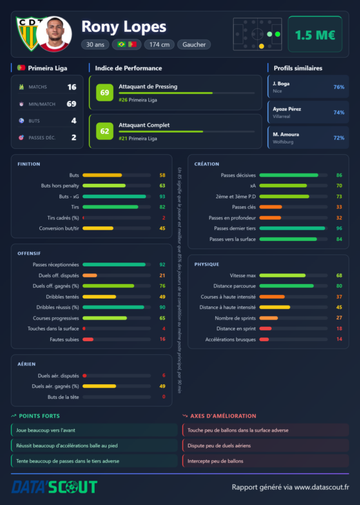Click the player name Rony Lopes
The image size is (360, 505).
click(x=124, y=27)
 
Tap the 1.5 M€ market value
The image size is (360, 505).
click(x=315, y=35)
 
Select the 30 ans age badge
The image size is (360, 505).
click(x=95, y=44)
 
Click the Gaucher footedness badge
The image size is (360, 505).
click(x=194, y=44)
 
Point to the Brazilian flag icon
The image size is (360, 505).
click(x=121, y=44)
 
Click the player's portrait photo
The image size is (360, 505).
click(x=54, y=34)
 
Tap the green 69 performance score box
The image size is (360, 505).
click(x=105, y=92)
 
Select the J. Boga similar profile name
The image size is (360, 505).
click(x=281, y=83)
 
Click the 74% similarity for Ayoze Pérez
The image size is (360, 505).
click(x=339, y=112)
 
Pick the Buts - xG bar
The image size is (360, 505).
click(x=114, y=196)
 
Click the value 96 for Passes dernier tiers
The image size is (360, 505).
click(x=339, y=228)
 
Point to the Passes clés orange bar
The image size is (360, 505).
click(x=270, y=207)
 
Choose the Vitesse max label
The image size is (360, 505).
click(x=243, y=275)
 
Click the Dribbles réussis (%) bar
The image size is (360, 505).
click(x=113, y=307)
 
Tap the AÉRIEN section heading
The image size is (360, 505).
click(x=27, y=364)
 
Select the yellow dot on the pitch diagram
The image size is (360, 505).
click(x=261, y=46)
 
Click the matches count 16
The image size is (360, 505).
click(x=72, y=87)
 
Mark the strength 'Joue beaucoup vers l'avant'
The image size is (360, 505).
click(x=45, y=430)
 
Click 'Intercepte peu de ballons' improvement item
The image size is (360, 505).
click(x=215, y=461)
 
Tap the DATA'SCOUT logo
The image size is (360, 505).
click(x=54, y=487)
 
